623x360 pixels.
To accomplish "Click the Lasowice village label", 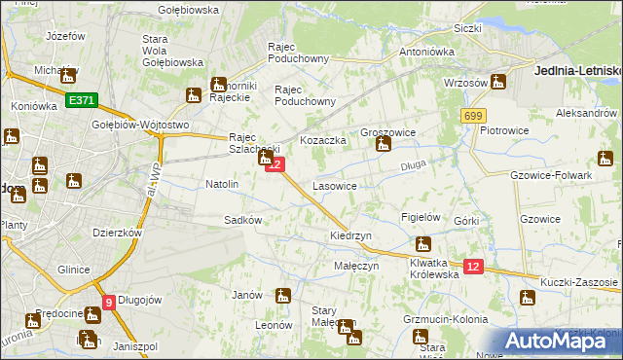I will pos(334,185).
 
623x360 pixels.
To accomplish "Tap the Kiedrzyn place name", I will pos(348,236).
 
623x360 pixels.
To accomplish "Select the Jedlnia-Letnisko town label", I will pos(578,71).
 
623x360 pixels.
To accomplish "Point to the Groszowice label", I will pos(388,131).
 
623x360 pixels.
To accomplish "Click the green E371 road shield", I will pos(82,99).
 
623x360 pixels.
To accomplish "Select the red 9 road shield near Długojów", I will pos(109,302).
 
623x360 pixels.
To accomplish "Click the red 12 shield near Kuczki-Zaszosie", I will pos(473,267).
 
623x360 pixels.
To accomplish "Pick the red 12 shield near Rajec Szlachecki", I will pos(275,165).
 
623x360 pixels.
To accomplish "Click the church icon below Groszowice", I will pos(384,146).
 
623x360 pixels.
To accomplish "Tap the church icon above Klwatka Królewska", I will pos(422,245).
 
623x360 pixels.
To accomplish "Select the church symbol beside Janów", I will pos(283,296).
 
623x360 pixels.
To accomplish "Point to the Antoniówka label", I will pos(428,53).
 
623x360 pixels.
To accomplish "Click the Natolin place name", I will pos(222,184).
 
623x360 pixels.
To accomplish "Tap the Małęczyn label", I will pos(356,266).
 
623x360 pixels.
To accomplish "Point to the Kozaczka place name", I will pos(323,141).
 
